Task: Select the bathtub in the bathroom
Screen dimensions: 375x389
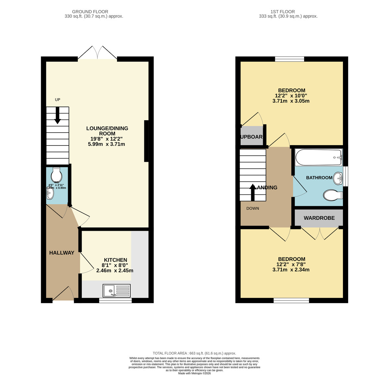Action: point(318,157)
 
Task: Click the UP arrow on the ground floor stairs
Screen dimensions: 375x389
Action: point(57,115)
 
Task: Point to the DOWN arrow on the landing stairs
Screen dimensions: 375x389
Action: point(253,193)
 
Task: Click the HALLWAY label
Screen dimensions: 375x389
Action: point(62,253)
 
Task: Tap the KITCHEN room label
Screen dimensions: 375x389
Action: point(115,260)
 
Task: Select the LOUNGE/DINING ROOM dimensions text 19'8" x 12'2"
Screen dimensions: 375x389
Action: point(107,139)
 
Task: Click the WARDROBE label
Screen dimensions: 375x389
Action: point(319,218)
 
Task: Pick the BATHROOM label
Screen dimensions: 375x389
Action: point(319,178)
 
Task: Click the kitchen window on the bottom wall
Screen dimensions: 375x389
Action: point(115,301)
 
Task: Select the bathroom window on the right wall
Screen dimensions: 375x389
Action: point(346,176)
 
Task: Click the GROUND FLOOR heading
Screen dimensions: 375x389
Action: point(90,12)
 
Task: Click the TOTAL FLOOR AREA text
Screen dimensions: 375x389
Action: point(194,353)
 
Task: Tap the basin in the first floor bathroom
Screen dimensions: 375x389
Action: point(338,178)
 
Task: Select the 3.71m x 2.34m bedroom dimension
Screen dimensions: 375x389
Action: point(291,270)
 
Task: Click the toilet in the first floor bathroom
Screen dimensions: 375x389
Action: point(332,195)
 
